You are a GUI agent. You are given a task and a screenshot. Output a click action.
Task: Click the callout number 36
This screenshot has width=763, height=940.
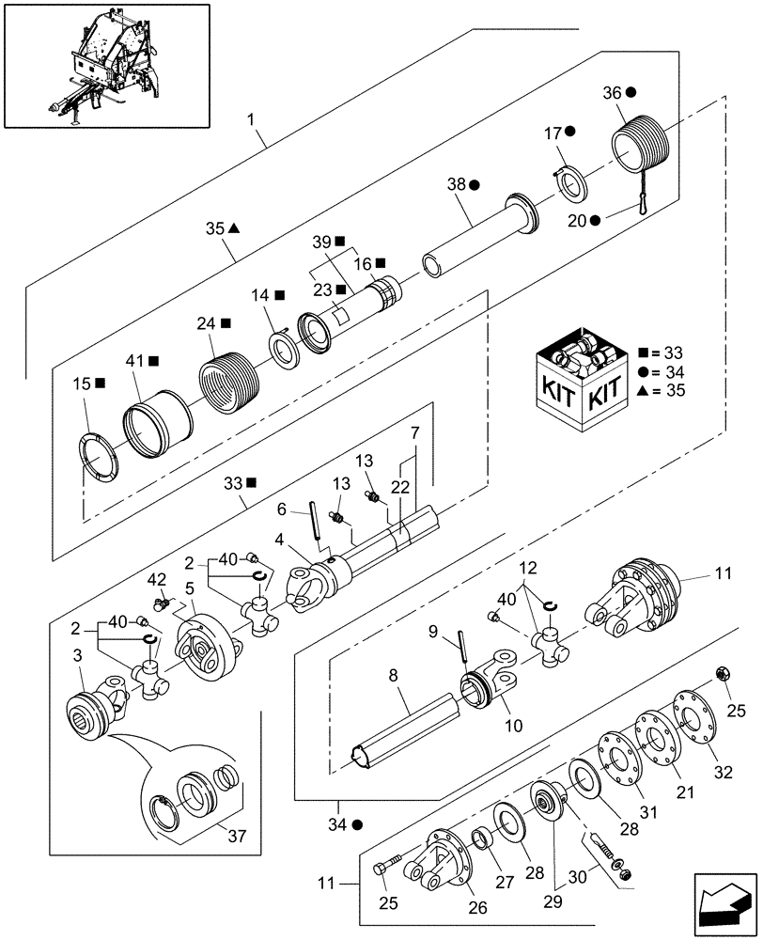(612, 92)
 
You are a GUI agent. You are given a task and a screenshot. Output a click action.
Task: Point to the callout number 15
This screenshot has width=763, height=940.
(81, 383)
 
